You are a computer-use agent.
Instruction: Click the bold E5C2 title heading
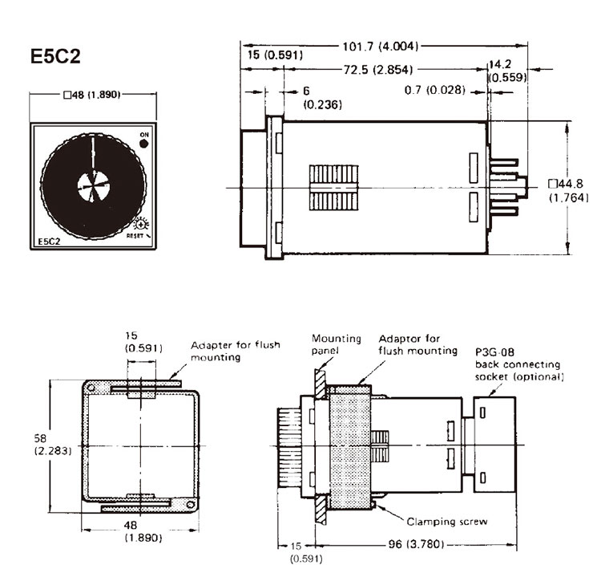click(55, 56)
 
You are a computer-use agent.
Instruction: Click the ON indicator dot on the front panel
click(144, 144)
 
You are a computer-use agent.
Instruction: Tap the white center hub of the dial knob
click(94, 186)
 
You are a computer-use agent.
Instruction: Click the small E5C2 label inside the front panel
click(50, 242)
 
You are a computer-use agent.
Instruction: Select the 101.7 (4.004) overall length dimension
click(380, 47)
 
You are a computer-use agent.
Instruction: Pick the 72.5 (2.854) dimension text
click(378, 70)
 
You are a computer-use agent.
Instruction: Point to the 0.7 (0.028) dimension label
click(434, 90)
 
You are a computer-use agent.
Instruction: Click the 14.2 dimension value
click(500, 64)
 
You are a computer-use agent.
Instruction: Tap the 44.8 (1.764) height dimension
click(568, 190)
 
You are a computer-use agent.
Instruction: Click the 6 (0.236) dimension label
click(322, 98)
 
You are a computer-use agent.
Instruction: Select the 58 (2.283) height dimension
click(53, 444)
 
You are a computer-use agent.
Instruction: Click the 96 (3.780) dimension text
click(416, 544)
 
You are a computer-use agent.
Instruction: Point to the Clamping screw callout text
click(447, 522)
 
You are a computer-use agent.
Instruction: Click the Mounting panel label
click(336, 344)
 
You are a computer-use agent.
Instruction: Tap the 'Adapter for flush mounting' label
click(236, 351)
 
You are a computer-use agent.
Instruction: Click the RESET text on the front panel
click(135, 235)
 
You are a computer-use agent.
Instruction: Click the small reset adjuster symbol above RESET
click(142, 224)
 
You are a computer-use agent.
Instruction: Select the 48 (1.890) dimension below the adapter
click(143, 531)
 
